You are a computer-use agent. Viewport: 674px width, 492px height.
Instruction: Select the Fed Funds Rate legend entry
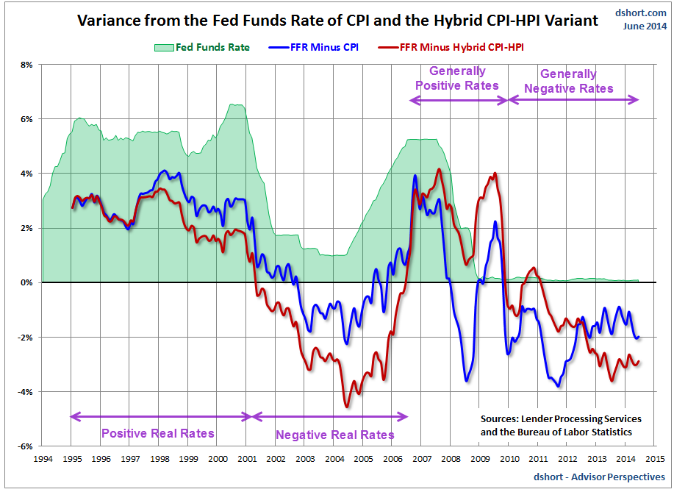(202, 48)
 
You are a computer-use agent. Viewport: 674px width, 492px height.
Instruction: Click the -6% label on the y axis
(24, 446)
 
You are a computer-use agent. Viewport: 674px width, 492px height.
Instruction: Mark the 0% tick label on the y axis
(26, 282)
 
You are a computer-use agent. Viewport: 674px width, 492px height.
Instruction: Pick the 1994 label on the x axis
(43, 458)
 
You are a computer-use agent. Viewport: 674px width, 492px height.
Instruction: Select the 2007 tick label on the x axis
(422, 458)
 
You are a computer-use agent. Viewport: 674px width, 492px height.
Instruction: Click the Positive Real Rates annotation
(158, 433)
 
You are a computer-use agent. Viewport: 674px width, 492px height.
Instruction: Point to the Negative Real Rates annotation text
(335, 435)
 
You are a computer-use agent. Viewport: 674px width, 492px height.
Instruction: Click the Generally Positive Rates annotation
(457, 78)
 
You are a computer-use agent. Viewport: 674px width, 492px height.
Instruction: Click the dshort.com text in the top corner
(641, 13)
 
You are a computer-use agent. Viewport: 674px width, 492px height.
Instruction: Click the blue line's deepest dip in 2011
(559, 385)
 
